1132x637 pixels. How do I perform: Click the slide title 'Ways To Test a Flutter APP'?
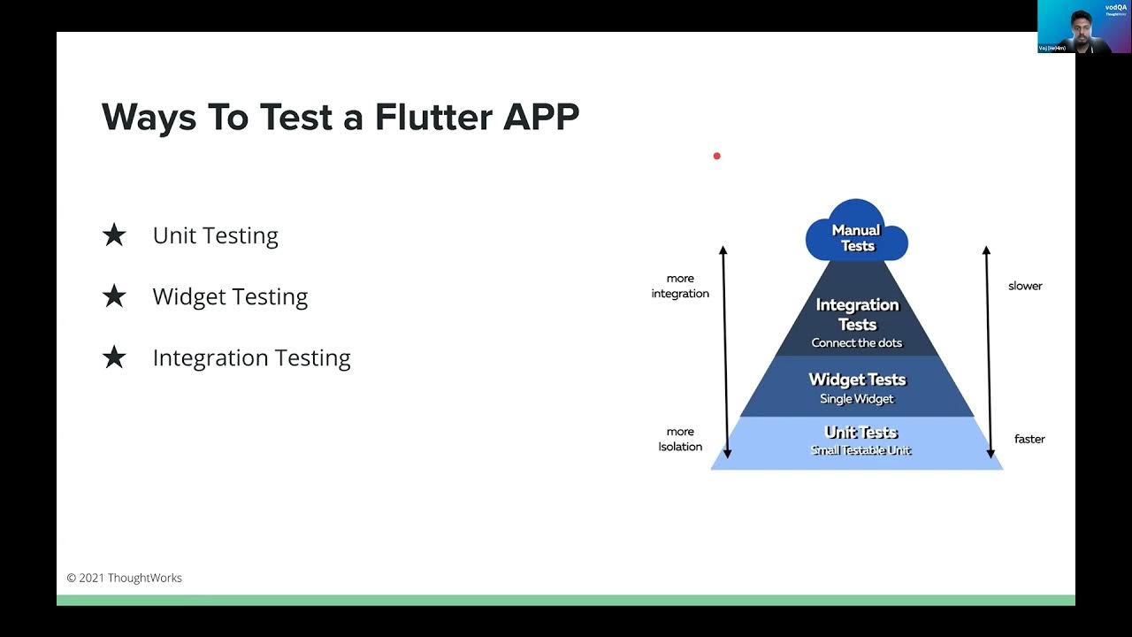(x=340, y=117)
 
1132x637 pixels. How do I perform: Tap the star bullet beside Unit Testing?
(x=114, y=235)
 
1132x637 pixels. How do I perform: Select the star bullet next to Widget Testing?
(x=114, y=296)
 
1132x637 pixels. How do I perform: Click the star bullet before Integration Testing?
(x=114, y=357)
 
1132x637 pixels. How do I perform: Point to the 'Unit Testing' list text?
(x=215, y=235)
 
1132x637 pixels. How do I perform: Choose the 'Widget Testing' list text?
(x=230, y=296)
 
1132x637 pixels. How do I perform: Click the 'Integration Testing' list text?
(x=251, y=357)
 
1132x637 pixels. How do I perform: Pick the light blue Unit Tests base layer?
(x=856, y=441)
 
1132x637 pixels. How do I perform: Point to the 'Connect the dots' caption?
(x=856, y=343)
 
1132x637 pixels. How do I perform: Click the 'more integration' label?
(x=680, y=286)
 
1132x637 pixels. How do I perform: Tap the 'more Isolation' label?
(x=680, y=439)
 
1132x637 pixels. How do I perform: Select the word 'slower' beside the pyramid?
(x=1025, y=286)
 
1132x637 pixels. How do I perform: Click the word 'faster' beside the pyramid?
(x=1029, y=439)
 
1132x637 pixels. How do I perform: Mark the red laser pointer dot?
(x=716, y=157)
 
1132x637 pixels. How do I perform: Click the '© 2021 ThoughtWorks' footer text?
(x=125, y=578)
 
